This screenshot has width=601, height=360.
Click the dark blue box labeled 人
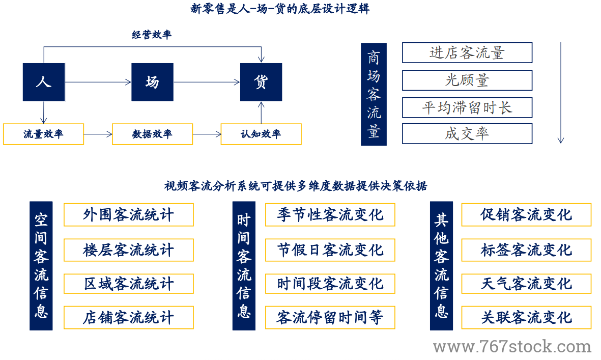tap(44, 82)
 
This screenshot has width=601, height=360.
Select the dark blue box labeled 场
tap(152, 82)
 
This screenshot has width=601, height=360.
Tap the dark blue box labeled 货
tap(261, 82)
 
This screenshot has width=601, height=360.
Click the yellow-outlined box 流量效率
tap(43, 134)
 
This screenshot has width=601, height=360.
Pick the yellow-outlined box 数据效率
tap(152, 134)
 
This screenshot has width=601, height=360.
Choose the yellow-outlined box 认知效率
tap(261, 134)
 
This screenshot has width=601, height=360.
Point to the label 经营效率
tap(152, 35)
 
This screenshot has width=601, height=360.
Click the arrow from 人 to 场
tap(98, 82)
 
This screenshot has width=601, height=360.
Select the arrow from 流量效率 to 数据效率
tap(98, 134)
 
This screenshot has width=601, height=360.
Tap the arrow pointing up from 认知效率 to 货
tap(261, 113)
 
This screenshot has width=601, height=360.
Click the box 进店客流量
tap(467, 52)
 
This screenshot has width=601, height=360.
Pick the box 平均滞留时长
tap(467, 108)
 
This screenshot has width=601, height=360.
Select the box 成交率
tap(467, 134)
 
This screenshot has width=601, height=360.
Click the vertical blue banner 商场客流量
tap(374, 94)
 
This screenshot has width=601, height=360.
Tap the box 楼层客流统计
tap(129, 251)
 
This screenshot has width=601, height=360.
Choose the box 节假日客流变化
tap(330, 251)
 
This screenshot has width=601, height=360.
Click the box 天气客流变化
tap(526, 284)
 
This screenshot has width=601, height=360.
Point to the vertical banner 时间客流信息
tap(244, 266)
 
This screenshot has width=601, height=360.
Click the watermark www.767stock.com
tap(512, 347)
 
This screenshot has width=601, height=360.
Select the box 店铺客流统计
tap(129, 318)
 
